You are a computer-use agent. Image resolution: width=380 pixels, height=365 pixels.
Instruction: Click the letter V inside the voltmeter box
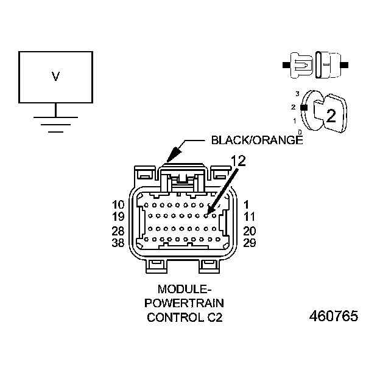[x=55, y=77]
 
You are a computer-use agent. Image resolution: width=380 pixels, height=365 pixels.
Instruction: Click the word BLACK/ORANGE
[x=256, y=141]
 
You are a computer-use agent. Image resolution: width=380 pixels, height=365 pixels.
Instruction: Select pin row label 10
[x=119, y=204]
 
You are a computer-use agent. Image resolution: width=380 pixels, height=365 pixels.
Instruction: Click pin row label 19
[x=119, y=216]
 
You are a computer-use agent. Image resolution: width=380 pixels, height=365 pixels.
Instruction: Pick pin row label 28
[x=119, y=231]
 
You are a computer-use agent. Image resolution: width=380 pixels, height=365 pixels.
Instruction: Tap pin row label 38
[x=119, y=243]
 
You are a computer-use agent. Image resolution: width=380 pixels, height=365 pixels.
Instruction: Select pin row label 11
[x=248, y=216]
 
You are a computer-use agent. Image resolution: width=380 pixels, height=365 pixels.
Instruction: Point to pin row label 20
[x=249, y=231]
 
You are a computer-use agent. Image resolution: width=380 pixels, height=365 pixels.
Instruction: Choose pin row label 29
[x=249, y=243]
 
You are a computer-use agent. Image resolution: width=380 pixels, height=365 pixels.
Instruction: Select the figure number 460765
[x=334, y=317]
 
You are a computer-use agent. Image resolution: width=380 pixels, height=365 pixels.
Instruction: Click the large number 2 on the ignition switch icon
[x=331, y=116]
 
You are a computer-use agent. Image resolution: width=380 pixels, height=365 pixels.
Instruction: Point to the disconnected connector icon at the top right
[x=317, y=64]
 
